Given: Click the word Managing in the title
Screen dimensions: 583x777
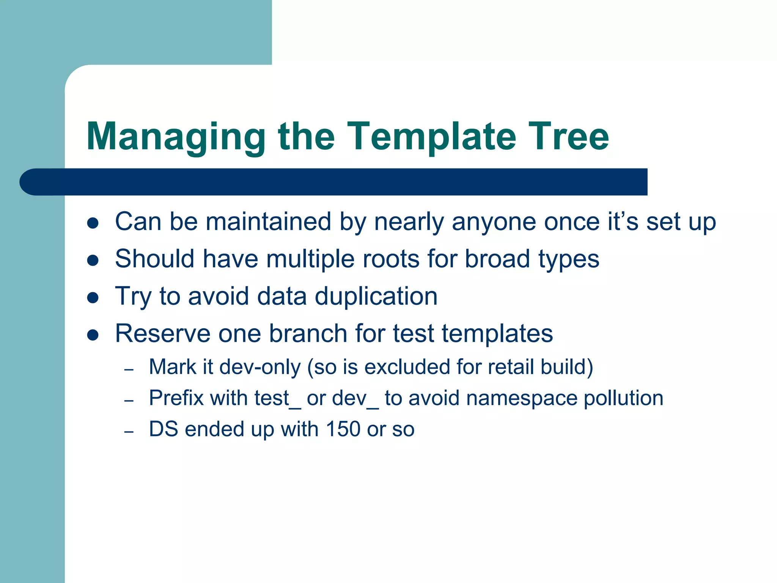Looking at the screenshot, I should coord(176,137).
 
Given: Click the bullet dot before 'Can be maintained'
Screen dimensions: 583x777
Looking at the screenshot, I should coord(93,223).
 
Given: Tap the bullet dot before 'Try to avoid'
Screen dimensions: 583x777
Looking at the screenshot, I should coord(93,298).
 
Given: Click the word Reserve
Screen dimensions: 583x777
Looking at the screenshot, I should coord(162,334).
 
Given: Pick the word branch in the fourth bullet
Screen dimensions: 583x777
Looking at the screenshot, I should coord(308,334).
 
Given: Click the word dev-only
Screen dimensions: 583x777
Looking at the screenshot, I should coord(260,367).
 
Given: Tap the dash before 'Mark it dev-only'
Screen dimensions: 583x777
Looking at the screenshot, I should coord(129,369).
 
